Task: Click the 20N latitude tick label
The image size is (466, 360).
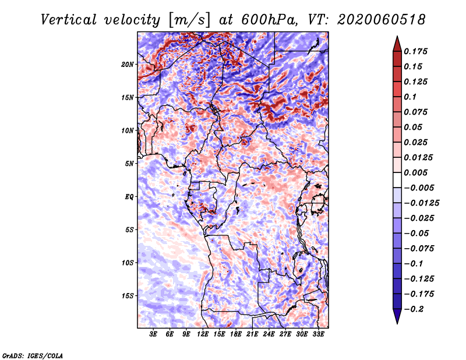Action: click(127, 65)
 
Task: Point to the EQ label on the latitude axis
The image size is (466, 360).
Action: click(129, 197)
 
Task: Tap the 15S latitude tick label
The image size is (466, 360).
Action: click(128, 296)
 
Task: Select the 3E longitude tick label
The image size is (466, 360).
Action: click(153, 334)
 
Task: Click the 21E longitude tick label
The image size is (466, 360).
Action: click(252, 334)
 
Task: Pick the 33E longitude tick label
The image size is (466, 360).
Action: click(318, 334)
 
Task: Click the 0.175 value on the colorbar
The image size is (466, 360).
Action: click(415, 51)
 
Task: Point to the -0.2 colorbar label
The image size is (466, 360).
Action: click(414, 309)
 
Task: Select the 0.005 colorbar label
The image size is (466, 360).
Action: click(415, 172)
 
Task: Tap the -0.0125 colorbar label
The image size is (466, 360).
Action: click(421, 203)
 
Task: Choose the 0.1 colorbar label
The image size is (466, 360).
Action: click(410, 97)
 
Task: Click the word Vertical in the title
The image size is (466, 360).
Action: click(69, 20)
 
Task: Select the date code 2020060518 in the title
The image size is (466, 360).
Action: click(382, 20)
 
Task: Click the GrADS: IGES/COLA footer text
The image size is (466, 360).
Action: click(33, 355)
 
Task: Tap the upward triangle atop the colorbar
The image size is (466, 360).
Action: click(397, 44)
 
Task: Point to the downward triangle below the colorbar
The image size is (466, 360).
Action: click(397, 316)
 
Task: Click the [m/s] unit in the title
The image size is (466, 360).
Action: click(189, 20)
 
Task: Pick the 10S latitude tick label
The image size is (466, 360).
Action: click(128, 263)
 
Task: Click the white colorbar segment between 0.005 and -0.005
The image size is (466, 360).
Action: click(397, 180)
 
